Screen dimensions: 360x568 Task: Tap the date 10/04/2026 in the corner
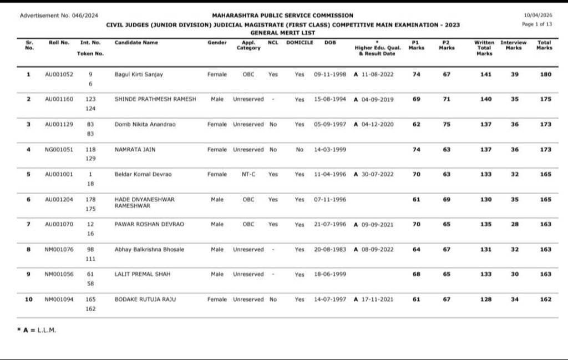(x=537, y=16)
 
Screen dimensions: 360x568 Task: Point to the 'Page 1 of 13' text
(x=537, y=24)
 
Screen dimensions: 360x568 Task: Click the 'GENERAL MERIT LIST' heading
(x=282, y=33)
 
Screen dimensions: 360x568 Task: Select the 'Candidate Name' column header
(x=136, y=43)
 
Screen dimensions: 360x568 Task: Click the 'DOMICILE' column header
(x=300, y=43)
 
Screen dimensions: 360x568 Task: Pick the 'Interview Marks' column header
(x=514, y=45)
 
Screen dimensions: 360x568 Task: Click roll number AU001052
(x=59, y=74)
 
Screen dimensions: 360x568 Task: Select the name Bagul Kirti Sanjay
(x=139, y=74)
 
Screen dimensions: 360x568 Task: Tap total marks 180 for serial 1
(x=545, y=74)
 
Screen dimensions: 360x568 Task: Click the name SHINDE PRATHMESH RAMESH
(x=155, y=99)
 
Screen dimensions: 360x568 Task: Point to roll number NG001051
(x=59, y=149)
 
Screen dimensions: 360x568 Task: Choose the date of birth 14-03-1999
(x=330, y=149)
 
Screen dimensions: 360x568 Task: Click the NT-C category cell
(x=248, y=174)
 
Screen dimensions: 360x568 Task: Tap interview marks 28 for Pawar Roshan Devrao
(x=514, y=224)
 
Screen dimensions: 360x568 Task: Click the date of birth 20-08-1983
(x=330, y=249)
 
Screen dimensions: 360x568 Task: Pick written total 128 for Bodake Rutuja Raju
(x=486, y=299)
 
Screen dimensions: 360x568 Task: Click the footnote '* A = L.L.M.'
(x=37, y=330)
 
